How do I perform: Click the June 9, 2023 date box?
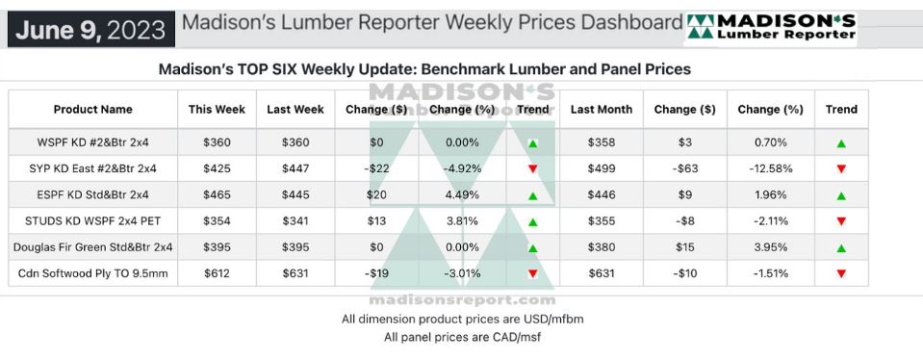91,29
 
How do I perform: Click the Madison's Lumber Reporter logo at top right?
771,28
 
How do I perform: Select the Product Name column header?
93,110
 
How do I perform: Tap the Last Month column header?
602,110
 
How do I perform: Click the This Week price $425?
218,168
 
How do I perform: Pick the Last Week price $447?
295,168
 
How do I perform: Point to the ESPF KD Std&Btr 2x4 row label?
93,194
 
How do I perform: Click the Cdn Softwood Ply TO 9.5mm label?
93,273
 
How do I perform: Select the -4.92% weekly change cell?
462,168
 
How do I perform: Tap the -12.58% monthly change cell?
771,168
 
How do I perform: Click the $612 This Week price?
218,273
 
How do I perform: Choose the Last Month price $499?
602,168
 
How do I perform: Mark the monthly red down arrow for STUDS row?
841,221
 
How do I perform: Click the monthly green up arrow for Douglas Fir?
841,248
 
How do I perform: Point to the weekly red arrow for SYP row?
533,169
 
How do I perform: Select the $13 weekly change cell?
376,221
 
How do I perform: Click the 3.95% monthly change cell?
771,247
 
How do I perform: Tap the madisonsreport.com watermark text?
462,300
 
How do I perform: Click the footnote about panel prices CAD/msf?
462,338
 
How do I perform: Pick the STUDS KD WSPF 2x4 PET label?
93,221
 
